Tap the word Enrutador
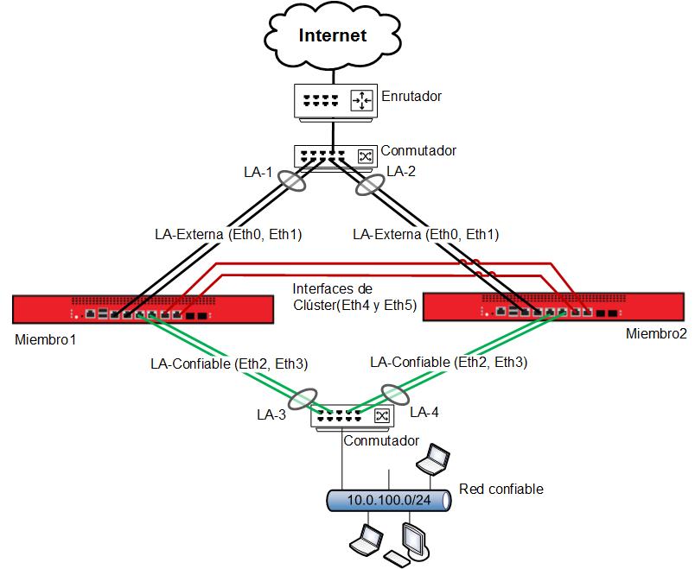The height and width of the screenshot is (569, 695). point(411,97)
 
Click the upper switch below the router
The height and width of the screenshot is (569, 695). point(335,157)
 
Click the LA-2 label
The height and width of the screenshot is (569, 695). point(401,171)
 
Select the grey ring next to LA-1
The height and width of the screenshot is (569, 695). point(292,182)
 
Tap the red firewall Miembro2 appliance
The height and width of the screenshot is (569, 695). point(553,307)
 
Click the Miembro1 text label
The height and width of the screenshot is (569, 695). point(46,339)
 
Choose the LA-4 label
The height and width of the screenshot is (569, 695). point(424,413)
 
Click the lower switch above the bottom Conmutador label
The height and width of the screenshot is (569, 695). point(352,417)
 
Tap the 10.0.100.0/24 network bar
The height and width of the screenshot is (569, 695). point(388,500)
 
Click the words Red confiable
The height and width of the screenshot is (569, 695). point(501,489)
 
